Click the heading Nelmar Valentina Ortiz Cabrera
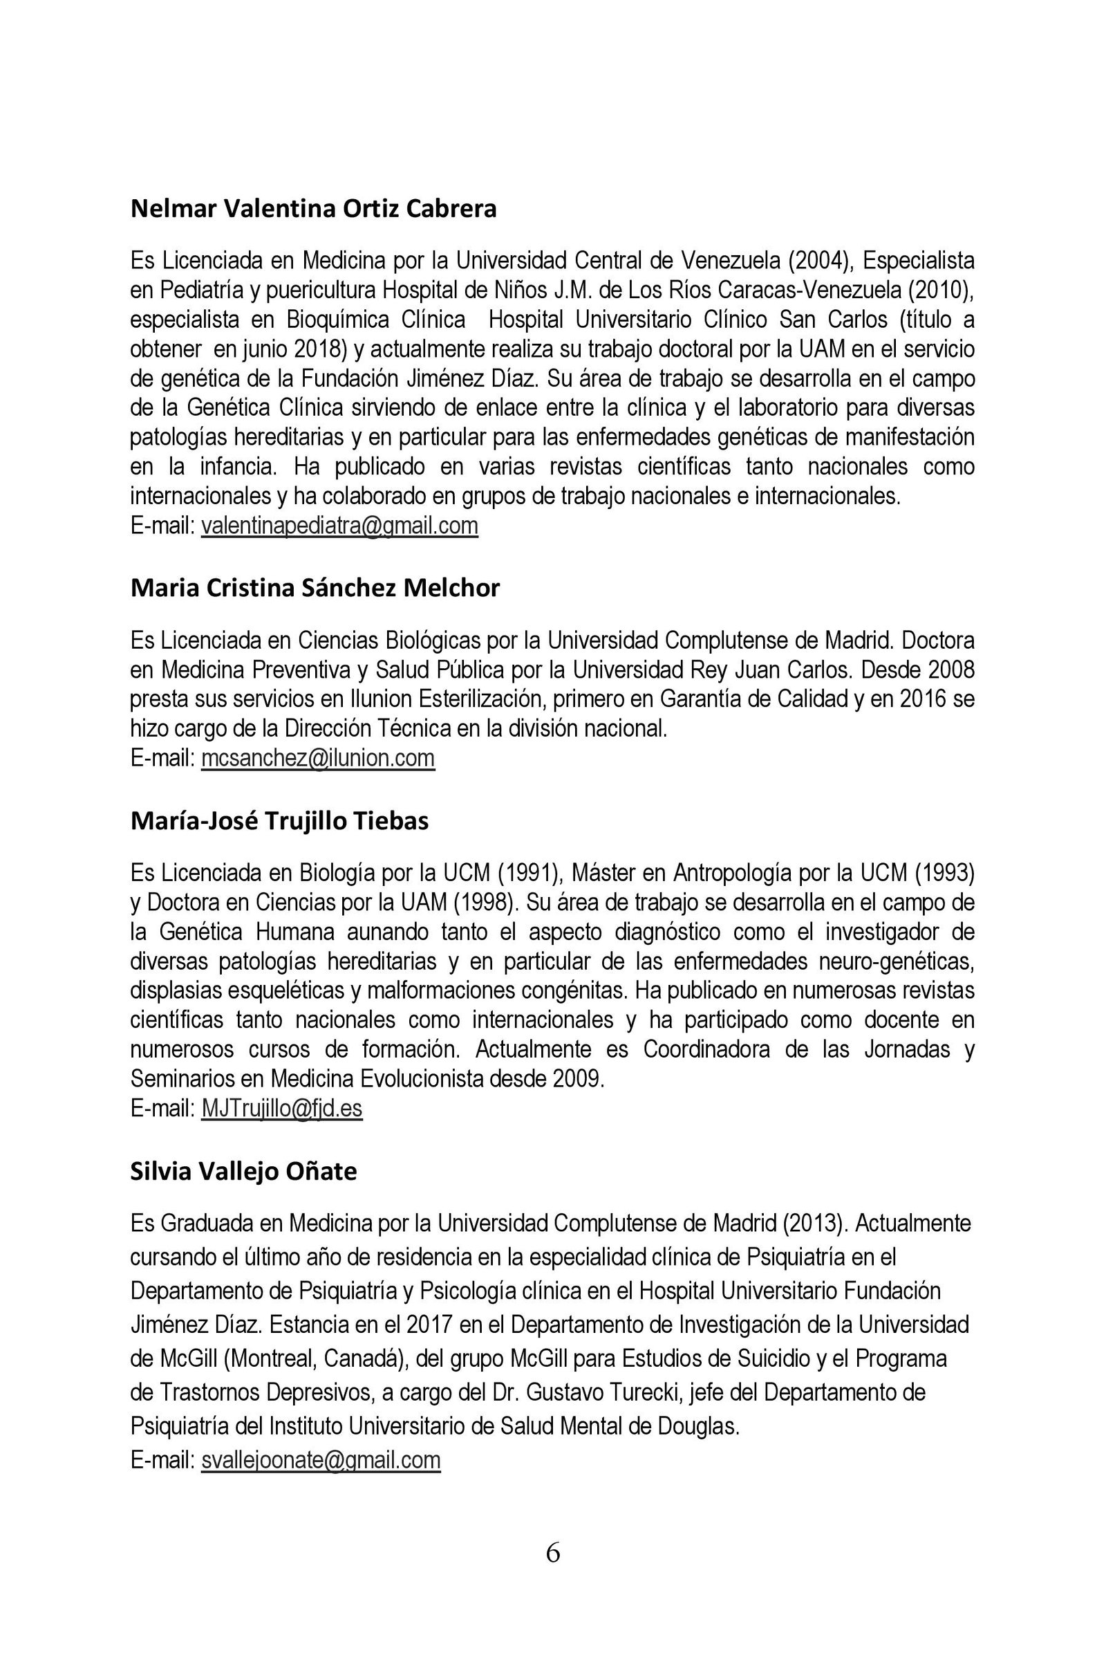(313, 209)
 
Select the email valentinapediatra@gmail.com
(339, 526)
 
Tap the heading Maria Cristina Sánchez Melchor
(315, 588)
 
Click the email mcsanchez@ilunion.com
(317, 758)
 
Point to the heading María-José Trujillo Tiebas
(279, 822)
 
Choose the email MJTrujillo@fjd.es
(281, 1109)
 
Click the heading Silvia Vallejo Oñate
(243, 1172)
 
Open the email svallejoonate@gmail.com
(320, 1459)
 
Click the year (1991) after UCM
(528, 874)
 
